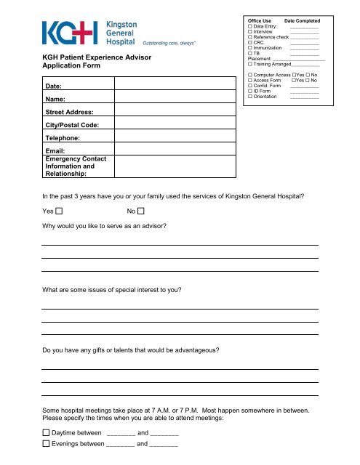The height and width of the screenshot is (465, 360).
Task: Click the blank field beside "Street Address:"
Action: [175, 113]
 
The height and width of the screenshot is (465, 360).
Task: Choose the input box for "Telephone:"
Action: [175, 137]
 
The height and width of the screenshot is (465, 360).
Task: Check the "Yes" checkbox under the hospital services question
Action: [59, 211]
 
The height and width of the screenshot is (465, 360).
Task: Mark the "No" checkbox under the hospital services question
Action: [141, 211]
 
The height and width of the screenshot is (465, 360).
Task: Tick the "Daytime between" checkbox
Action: [46, 433]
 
